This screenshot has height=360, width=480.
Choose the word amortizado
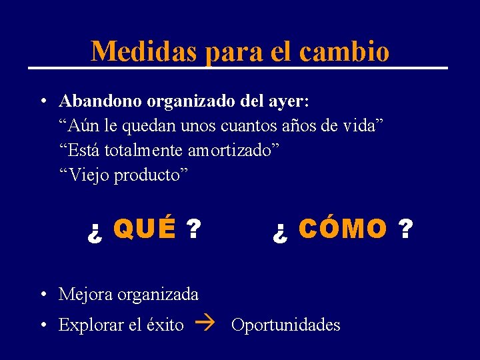point(233,151)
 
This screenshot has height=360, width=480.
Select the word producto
point(152,175)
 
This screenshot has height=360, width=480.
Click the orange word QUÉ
point(145,229)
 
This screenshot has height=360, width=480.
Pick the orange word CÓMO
point(343,229)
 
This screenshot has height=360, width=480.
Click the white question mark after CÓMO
point(405,229)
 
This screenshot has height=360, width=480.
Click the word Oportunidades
point(285,325)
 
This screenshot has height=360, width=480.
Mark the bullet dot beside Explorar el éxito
point(42,325)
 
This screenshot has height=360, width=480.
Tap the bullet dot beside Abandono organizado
point(42,102)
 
